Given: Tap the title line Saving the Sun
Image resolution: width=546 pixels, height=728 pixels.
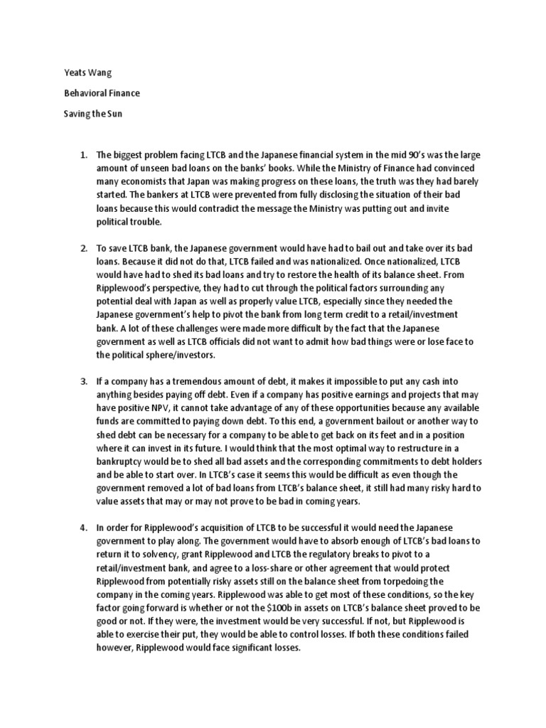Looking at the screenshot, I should (85, 114).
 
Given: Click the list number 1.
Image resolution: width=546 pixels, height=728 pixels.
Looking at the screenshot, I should (82, 154).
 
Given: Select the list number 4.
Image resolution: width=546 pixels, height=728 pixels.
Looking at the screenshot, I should (82, 527).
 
